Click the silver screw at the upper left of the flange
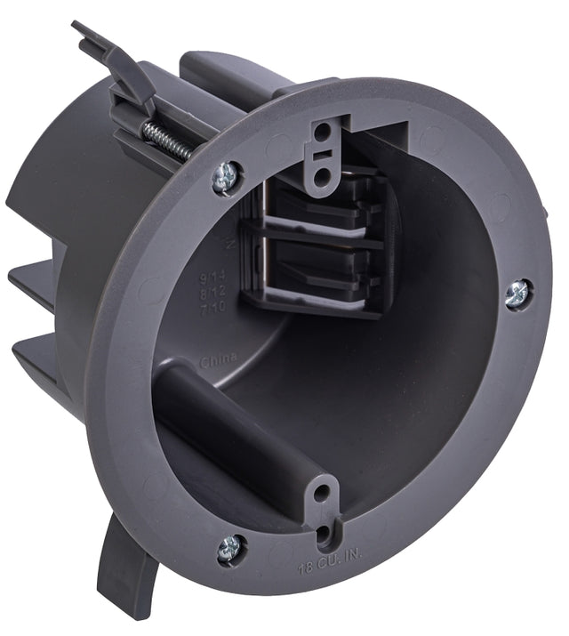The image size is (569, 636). coord(226,177)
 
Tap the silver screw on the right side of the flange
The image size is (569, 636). coord(517,294)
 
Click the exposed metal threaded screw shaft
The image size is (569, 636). coord(166,141)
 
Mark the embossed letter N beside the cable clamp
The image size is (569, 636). coord(231,242)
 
